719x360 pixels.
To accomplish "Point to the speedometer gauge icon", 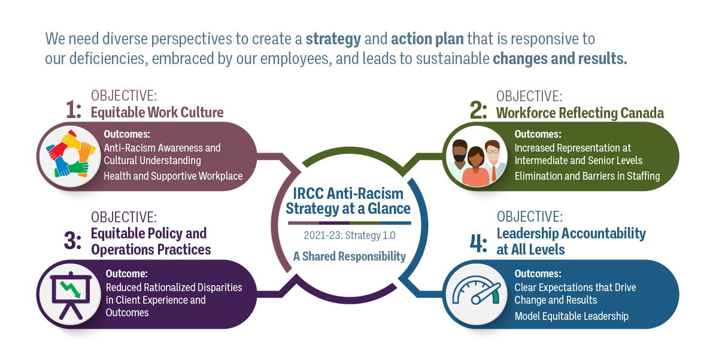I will pos(475,294).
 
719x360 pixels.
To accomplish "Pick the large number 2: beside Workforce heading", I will pos(479,111).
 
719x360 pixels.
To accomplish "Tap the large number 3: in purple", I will pos(73,241).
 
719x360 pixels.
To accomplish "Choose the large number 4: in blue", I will pos(479,241).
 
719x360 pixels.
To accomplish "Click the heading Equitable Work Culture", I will pos(157,112).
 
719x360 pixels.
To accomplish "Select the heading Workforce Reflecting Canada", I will pos(580,113).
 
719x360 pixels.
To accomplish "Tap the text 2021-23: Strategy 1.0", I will pos(349,235).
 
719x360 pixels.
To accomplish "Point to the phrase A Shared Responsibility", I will pos(349,256).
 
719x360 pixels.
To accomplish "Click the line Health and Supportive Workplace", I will pos(173,176).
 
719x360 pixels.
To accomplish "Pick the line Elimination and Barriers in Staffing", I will pos(587,176).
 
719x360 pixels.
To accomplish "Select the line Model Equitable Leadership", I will pos(571,316).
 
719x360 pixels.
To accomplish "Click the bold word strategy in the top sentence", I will pos(333,40).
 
